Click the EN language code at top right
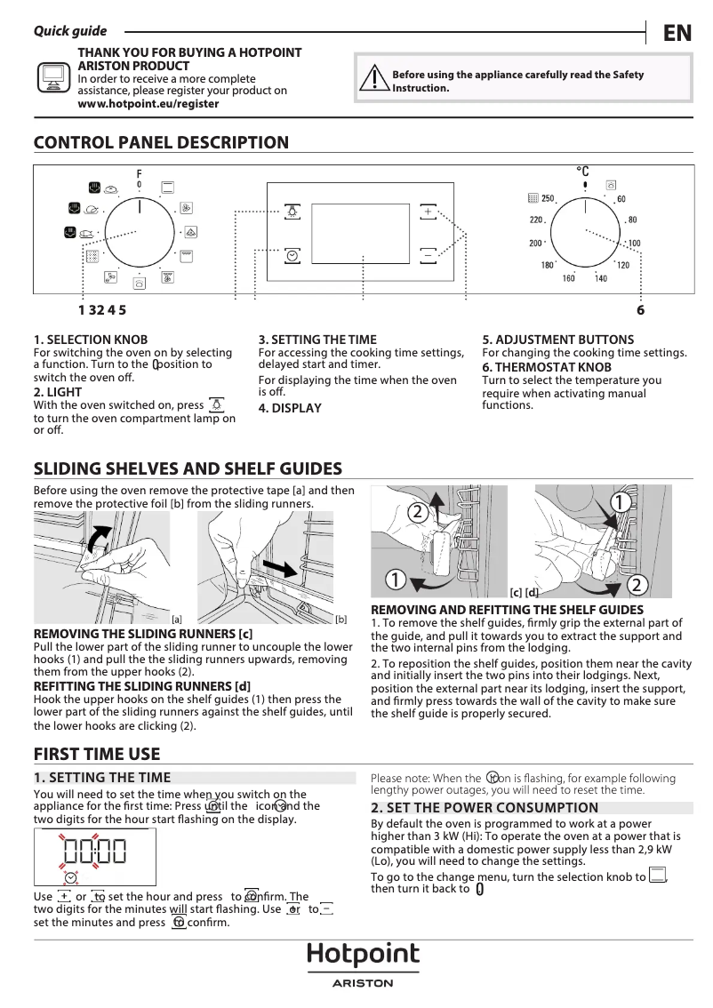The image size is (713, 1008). click(x=677, y=33)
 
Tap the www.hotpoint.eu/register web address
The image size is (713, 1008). click(x=148, y=103)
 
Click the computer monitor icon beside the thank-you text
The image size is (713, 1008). click(x=53, y=78)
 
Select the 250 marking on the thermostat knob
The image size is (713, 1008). click(x=548, y=198)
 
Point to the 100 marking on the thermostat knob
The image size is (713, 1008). click(x=634, y=243)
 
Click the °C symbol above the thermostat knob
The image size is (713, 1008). click(x=583, y=170)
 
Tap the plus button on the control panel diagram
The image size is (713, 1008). click(x=429, y=212)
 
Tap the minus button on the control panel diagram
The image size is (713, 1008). click(x=429, y=254)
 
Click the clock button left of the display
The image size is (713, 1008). click(x=292, y=255)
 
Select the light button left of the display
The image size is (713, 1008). click(x=292, y=212)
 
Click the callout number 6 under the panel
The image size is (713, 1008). click(x=640, y=310)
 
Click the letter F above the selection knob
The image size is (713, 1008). click(x=139, y=172)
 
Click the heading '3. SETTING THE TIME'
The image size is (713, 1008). click(x=317, y=340)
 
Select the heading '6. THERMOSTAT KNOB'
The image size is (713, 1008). click(x=547, y=366)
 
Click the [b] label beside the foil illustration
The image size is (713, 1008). click(x=340, y=619)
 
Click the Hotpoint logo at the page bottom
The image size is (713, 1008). click(x=363, y=956)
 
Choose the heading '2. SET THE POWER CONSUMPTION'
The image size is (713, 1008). click(x=485, y=807)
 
